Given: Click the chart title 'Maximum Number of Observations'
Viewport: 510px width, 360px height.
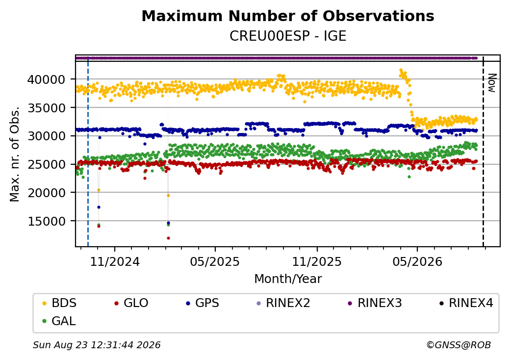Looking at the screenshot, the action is tap(288, 16).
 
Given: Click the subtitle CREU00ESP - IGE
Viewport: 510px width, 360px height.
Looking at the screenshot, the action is tap(288, 36).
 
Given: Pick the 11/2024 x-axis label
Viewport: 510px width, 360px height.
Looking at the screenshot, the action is tap(114, 261).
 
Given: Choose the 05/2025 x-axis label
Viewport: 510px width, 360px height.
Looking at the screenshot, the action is tap(215, 261).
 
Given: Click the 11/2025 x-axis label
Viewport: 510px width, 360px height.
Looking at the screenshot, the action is tap(317, 261).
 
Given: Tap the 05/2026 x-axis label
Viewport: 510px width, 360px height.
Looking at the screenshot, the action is tap(417, 261).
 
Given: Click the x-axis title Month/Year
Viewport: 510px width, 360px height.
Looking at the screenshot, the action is tap(288, 279).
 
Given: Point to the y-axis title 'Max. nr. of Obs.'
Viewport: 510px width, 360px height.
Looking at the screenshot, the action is tap(15, 154).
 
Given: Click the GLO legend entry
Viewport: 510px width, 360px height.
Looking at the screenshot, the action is tap(131, 303).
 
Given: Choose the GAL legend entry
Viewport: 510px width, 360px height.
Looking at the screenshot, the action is tap(59, 321).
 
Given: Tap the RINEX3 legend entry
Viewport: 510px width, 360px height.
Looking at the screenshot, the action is tap(375, 303).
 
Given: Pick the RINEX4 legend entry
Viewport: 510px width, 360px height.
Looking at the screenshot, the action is tap(466, 303).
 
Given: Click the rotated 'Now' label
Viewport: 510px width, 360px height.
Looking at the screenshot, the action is tap(492, 83).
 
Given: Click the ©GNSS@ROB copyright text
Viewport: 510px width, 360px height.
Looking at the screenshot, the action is tap(459, 345).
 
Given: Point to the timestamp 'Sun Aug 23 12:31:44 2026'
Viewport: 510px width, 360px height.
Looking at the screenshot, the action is tap(97, 345).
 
